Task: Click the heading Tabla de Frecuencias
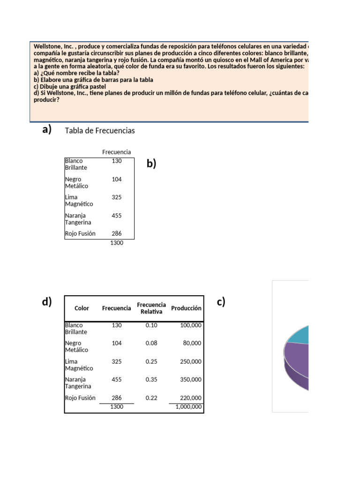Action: click(100, 131)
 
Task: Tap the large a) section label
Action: click(47, 130)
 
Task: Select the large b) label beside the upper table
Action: click(151, 164)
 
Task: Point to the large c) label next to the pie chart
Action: click(221, 302)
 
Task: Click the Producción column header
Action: click(186, 308)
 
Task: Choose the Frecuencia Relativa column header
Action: click(151, 308)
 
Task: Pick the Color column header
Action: click(82, 308)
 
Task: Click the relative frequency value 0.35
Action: click(151, 380)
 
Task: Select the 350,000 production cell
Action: click(190, 380)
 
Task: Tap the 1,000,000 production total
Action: click(188, 407)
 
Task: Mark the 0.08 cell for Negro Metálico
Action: click(151, 343)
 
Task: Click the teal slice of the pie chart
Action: click(298, 334)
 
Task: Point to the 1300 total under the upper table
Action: click(116, 243)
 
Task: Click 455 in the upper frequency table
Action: click(116, 216)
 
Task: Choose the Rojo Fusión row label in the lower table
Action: click(80, 398)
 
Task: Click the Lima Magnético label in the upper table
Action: click(79, 201)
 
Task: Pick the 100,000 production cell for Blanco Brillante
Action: click(190, 325)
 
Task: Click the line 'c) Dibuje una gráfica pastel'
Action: click(69, 87)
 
